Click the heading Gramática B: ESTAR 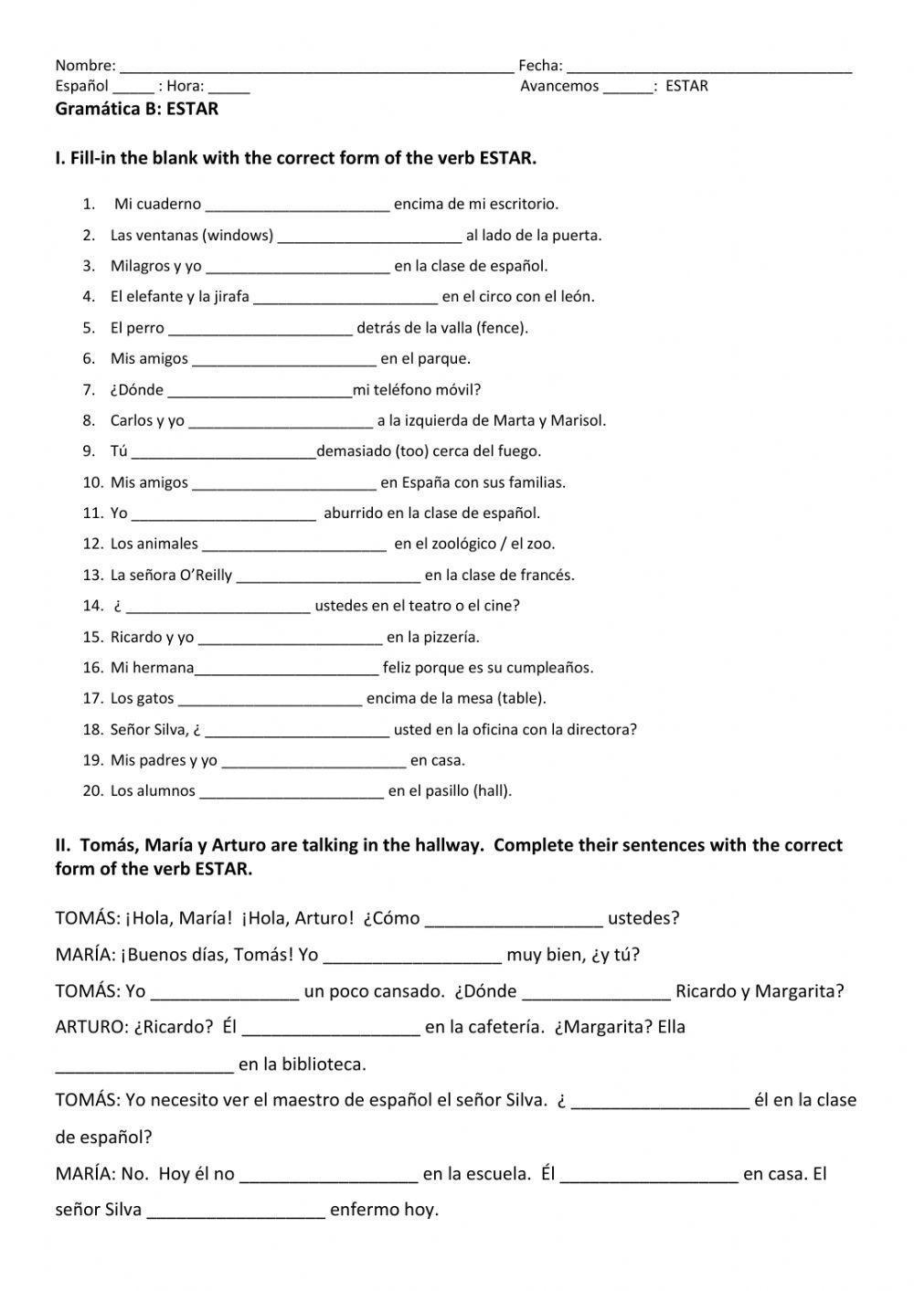[x=137, y=109]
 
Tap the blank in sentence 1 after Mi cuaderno [x=298, y=206]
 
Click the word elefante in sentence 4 [x=153, y=297]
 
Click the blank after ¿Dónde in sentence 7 [x=260, y=392]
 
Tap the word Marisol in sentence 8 [x=578, y=421]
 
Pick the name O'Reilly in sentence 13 [x=206, y=576]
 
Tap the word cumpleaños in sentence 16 [x=549, y=668]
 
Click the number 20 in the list [x=93, y=791]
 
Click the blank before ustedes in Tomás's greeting [x=514, y=921]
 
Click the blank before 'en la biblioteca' [x=144, y=1067]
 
